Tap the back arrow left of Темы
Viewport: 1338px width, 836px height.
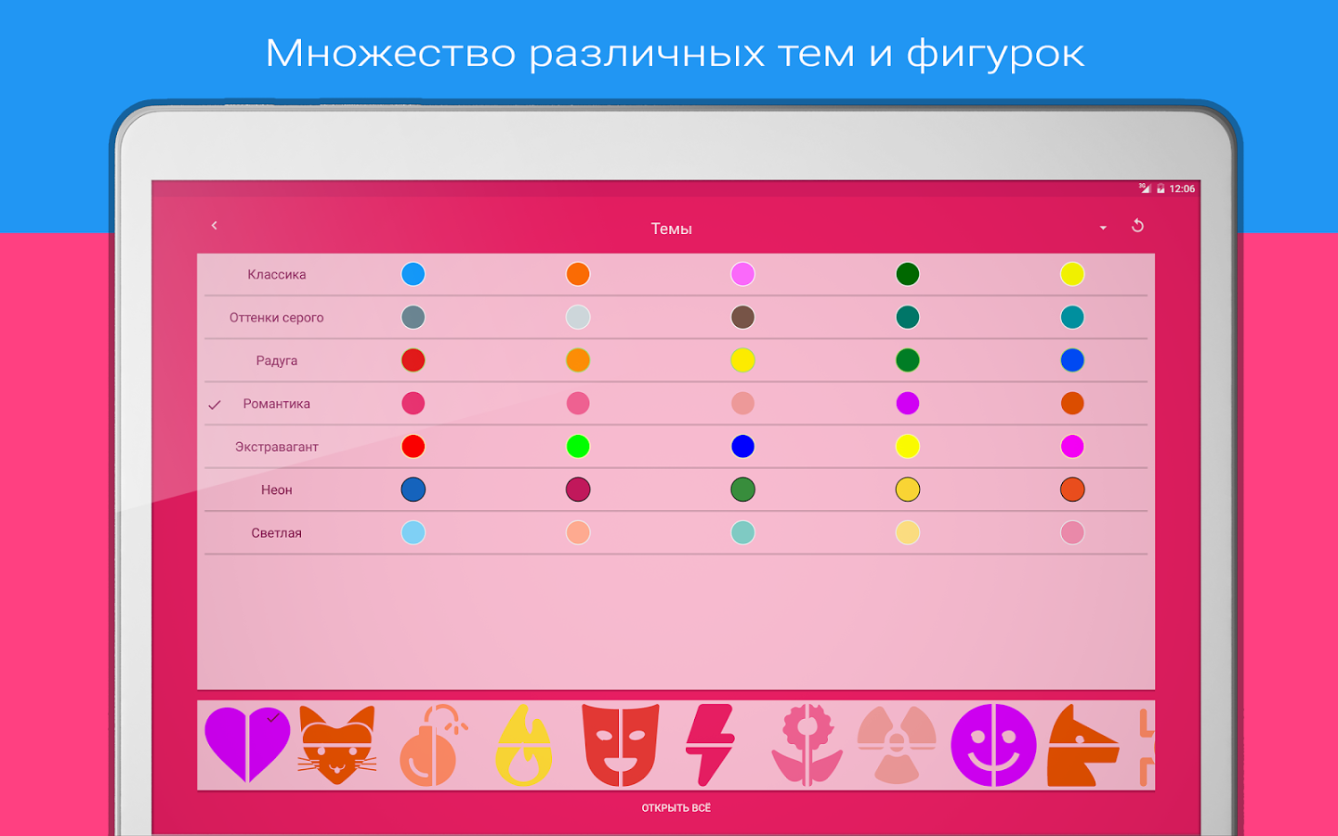point(215,226)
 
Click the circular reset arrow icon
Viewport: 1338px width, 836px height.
point(1137,226)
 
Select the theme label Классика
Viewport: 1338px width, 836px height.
point(277,275)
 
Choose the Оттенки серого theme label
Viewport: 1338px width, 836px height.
point(277,318)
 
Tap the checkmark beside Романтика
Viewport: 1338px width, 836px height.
point(215,405)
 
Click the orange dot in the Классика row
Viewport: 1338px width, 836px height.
point(578,274)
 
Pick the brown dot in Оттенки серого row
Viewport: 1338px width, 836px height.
point(742,318)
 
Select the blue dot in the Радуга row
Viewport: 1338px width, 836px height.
point(1072,360)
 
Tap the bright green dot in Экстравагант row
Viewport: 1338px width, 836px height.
point(578,447)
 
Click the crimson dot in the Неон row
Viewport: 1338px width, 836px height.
point(578,490)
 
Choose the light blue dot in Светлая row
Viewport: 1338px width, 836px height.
point(413,533)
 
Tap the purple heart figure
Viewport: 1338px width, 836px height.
point(247,744)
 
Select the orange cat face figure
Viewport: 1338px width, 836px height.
point(337,745)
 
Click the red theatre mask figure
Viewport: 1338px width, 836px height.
point(620,744)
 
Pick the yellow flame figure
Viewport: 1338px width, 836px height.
point(525,746)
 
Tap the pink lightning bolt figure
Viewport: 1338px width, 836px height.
point(710,744)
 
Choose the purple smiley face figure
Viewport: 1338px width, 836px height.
point(993,745)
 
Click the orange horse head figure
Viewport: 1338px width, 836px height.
point(1082,746)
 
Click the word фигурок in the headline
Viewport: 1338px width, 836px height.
point(995,54)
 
